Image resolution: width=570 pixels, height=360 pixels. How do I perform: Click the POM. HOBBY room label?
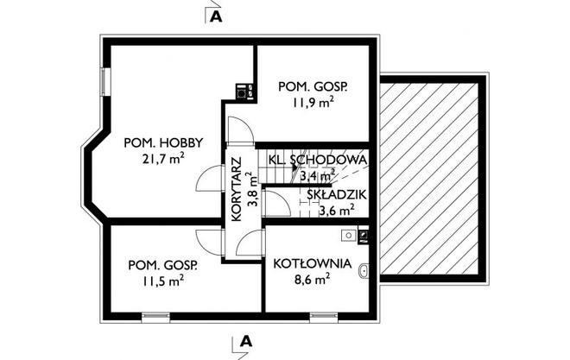[163, 142]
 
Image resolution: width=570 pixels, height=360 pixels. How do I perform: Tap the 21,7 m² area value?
[163, 158]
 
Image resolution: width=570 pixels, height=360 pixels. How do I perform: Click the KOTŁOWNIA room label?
[313, 263]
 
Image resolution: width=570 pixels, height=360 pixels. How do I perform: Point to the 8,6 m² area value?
[312, 279]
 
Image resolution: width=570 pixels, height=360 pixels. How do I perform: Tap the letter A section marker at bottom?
[246, 341]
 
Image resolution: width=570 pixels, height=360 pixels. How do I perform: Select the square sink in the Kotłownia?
[348, 234]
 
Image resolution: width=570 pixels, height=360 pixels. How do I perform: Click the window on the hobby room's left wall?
[104, 81]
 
